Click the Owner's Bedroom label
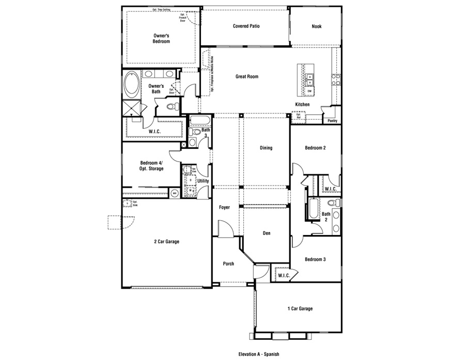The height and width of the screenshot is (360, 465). click(161, 38)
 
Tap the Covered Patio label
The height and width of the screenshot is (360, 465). click(245, 26)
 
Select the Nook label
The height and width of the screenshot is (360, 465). click(316, 26)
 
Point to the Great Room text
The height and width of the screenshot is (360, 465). click(246, 76)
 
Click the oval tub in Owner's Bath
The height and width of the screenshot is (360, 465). click(132, 85)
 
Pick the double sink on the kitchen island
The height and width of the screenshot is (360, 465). click(310, 80)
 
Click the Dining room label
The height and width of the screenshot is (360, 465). click(266, 148)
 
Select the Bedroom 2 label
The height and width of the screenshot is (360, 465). click(315, 148)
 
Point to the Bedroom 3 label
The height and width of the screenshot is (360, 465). click(315, 259)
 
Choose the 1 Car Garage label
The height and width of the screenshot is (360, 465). click(300, 309)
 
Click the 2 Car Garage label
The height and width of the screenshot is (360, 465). click(166, 241)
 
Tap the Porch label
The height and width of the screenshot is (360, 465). click(228, 264)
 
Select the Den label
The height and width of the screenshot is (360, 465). click(267, 233)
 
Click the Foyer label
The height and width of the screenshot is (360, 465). click(224, 208)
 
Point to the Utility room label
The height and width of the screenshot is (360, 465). click(203, 181)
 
